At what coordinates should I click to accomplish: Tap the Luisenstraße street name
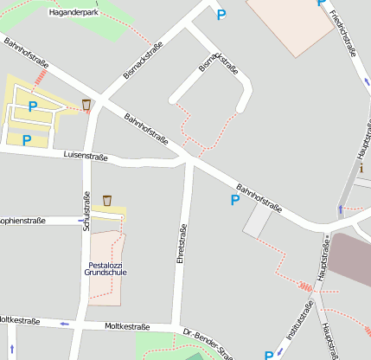pyautogui.click(x=86, y=157)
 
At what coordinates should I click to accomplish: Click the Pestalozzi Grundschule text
pyautogui.click(x=106, y=268)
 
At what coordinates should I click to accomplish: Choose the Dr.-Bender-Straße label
pyautogui.click(x=208, y=343)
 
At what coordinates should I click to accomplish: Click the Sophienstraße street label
pyautogui.click(x=22, y=221)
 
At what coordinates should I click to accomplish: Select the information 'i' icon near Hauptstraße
pyautogui.click(x=361, y=168)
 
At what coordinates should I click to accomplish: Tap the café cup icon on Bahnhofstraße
pyautogui.click(x=86, y=105)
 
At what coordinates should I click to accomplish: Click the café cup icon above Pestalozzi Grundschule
pyautogui.click(x=107, y=201)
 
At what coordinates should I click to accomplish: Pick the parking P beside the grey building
pyautogui.click(x=234, y=200)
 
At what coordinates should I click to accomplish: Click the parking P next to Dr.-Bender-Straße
pyautogui.click(x=269, y=355)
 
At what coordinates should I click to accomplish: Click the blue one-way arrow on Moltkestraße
pyautogui.click(x=62, y=324)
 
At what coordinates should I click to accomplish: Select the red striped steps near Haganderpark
pyautogui.click(x=40, y=78)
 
